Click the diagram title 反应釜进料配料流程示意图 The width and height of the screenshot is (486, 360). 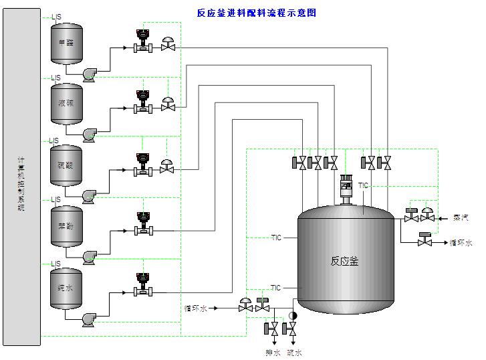256,13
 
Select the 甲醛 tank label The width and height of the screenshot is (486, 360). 66,43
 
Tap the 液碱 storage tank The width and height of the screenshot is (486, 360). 66,103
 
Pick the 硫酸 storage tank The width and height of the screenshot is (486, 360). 66,165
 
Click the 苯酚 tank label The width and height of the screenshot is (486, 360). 66,226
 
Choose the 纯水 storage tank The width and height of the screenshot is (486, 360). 66,288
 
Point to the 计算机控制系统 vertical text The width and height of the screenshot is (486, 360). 21,185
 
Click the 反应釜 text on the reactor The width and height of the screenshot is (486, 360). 344,261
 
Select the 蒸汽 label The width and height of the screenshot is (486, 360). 460,218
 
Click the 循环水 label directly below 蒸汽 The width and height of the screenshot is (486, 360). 461,243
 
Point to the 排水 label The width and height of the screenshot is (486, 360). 273,352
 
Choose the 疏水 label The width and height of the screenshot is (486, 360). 295,352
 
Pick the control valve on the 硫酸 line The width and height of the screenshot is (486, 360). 167,167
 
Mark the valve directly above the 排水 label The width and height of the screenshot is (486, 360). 273,329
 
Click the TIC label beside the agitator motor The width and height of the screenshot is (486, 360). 363,185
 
